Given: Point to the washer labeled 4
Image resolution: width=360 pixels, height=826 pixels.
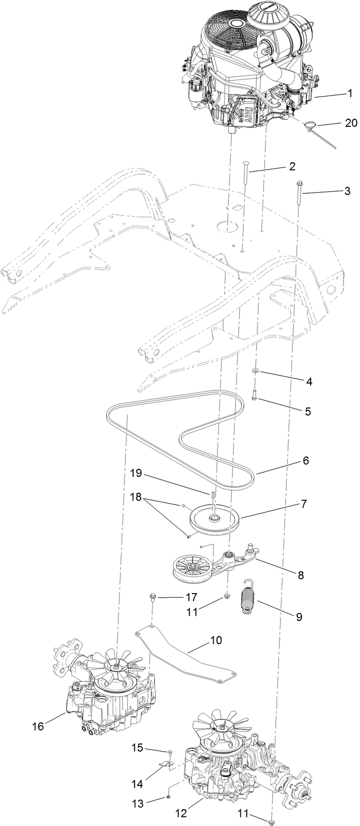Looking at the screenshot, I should tap(256, 371).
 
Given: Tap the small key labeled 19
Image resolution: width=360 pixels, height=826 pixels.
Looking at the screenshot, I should tap(213, 495).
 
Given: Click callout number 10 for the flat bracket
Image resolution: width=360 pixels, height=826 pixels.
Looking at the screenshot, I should tap(215, 640).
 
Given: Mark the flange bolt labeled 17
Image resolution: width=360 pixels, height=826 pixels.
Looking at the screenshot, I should tap(152, 598).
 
